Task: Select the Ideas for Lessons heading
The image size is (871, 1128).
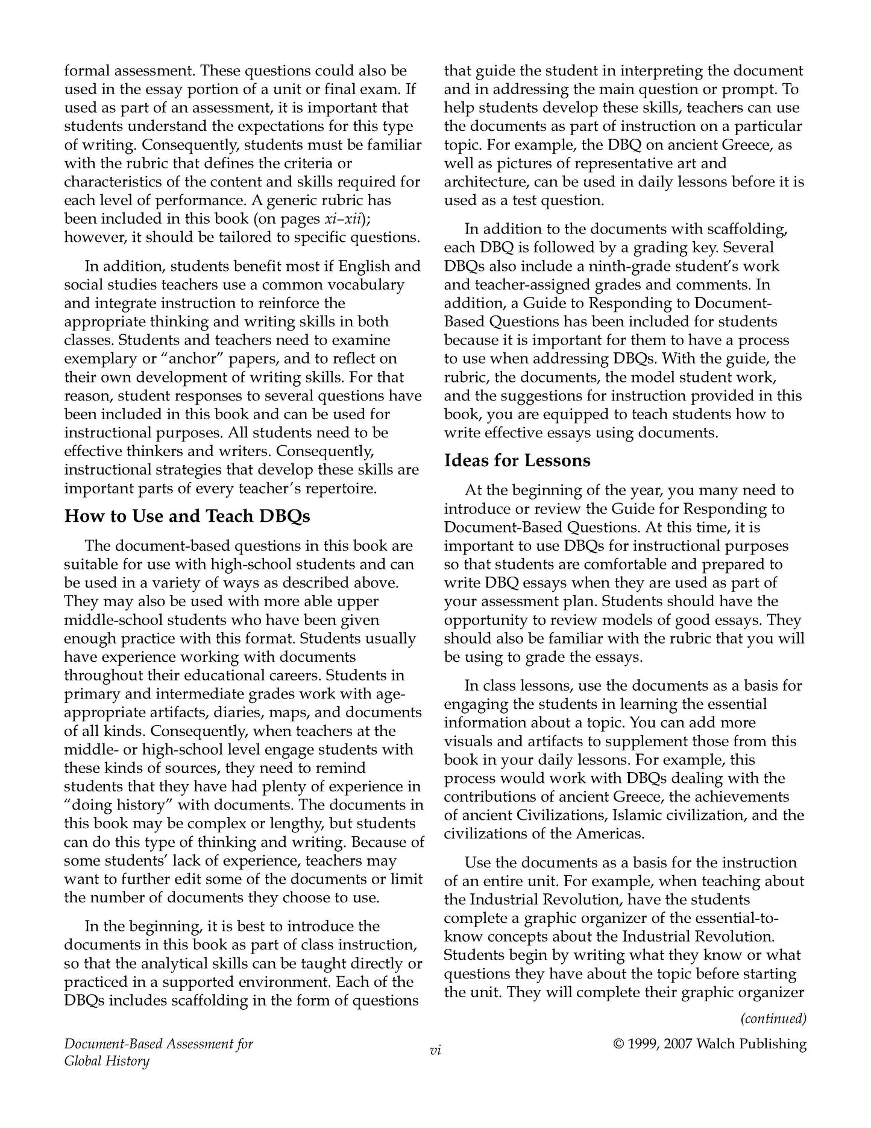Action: point(517,461)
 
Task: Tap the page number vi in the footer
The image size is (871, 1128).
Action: point(435,1050)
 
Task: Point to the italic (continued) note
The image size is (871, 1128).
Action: point(773,1018)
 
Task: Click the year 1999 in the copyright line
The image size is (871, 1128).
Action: point(646,1044)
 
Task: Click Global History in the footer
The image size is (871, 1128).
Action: point(107,1061)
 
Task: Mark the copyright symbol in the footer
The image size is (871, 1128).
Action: point(618,1044)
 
